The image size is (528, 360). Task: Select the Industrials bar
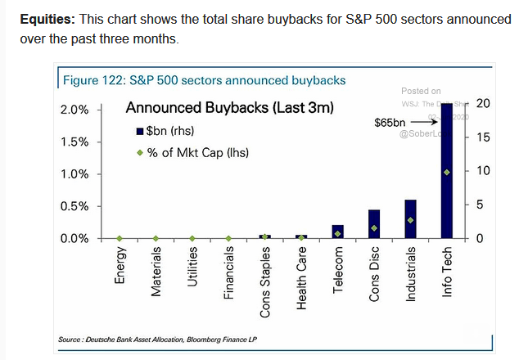410,218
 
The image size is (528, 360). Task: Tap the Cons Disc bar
373,223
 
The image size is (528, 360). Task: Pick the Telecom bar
337,231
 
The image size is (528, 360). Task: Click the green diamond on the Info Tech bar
446,172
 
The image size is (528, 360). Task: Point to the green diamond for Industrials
410,220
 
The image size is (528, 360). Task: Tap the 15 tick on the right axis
482,137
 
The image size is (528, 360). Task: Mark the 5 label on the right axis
479,205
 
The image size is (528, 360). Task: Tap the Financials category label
229,275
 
